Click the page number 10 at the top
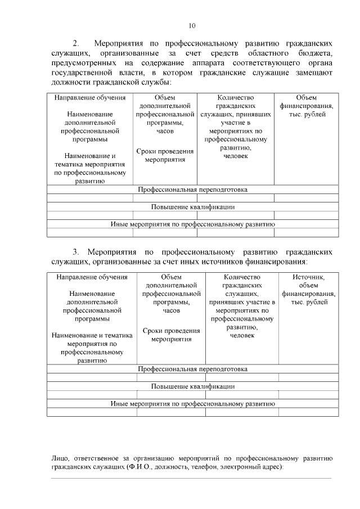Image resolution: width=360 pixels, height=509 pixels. click(x=192, y=25)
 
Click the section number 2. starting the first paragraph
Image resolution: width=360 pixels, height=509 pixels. click(x=77, y=43)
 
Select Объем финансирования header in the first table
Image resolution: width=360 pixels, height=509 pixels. click(x=306, y=102)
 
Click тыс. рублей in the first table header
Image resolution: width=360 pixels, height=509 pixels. click(x=306, y=114)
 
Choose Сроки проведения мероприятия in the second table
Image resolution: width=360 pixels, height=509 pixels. click(x=172, y=335)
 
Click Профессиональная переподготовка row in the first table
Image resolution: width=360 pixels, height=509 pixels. click(x=192, y=190)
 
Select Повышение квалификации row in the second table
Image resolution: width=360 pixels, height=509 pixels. click(x=192, y=386)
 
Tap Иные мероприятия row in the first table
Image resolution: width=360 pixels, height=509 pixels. click(x=192, y=224)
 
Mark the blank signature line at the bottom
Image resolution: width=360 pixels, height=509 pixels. click(x=191, y=478)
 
